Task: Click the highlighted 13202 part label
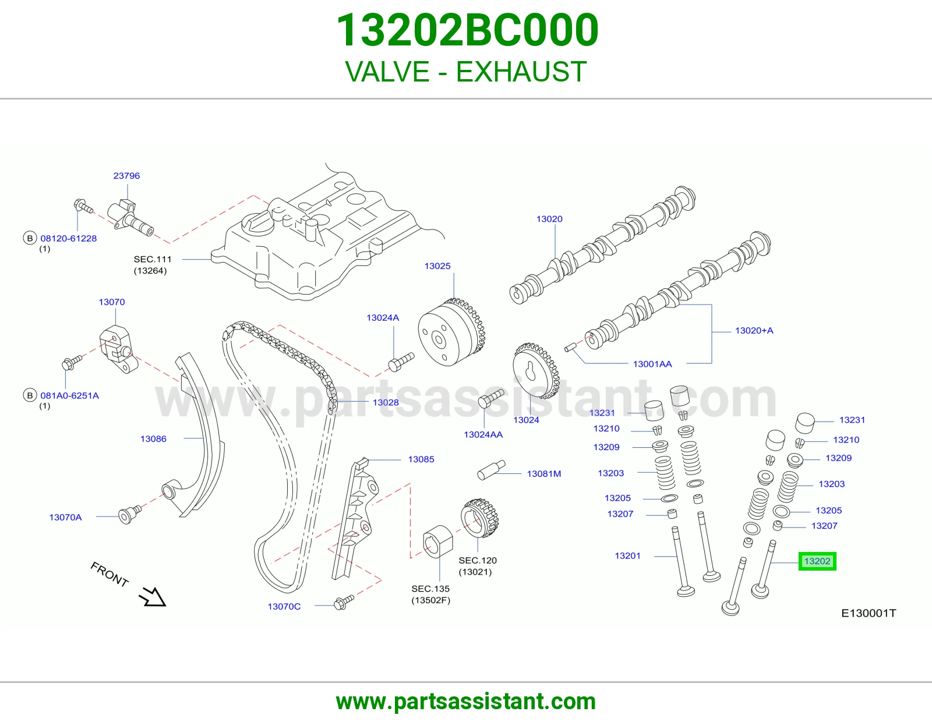click(x=817, y=561)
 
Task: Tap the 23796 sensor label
click(x=126, y=176)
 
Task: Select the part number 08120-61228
click(x=69, y=238)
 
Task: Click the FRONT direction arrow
click(x=152, y=597)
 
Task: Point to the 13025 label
click(x=437, y=266)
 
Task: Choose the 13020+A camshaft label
click(x=754, y=331)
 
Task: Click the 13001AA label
click(x=652, y=364)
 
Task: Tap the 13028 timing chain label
click(x=386, y=402)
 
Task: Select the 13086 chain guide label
click(x=153, y=438)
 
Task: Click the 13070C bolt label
click(x=284, y=606)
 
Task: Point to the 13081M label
click(x=544, y=474)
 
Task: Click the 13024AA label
click(x=483, y=434)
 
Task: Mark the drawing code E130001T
click(x=869, y=614)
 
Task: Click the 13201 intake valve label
click(x=627, y=555)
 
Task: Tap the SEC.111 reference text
click(x=152, y=259)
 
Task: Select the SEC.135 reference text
click(x=430, y=589)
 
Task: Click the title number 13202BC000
click(x=467, y=30)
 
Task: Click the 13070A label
click(x=65, y=517)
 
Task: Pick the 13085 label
click(x=421, y=459)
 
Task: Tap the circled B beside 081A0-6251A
click(x=30, y=395)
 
